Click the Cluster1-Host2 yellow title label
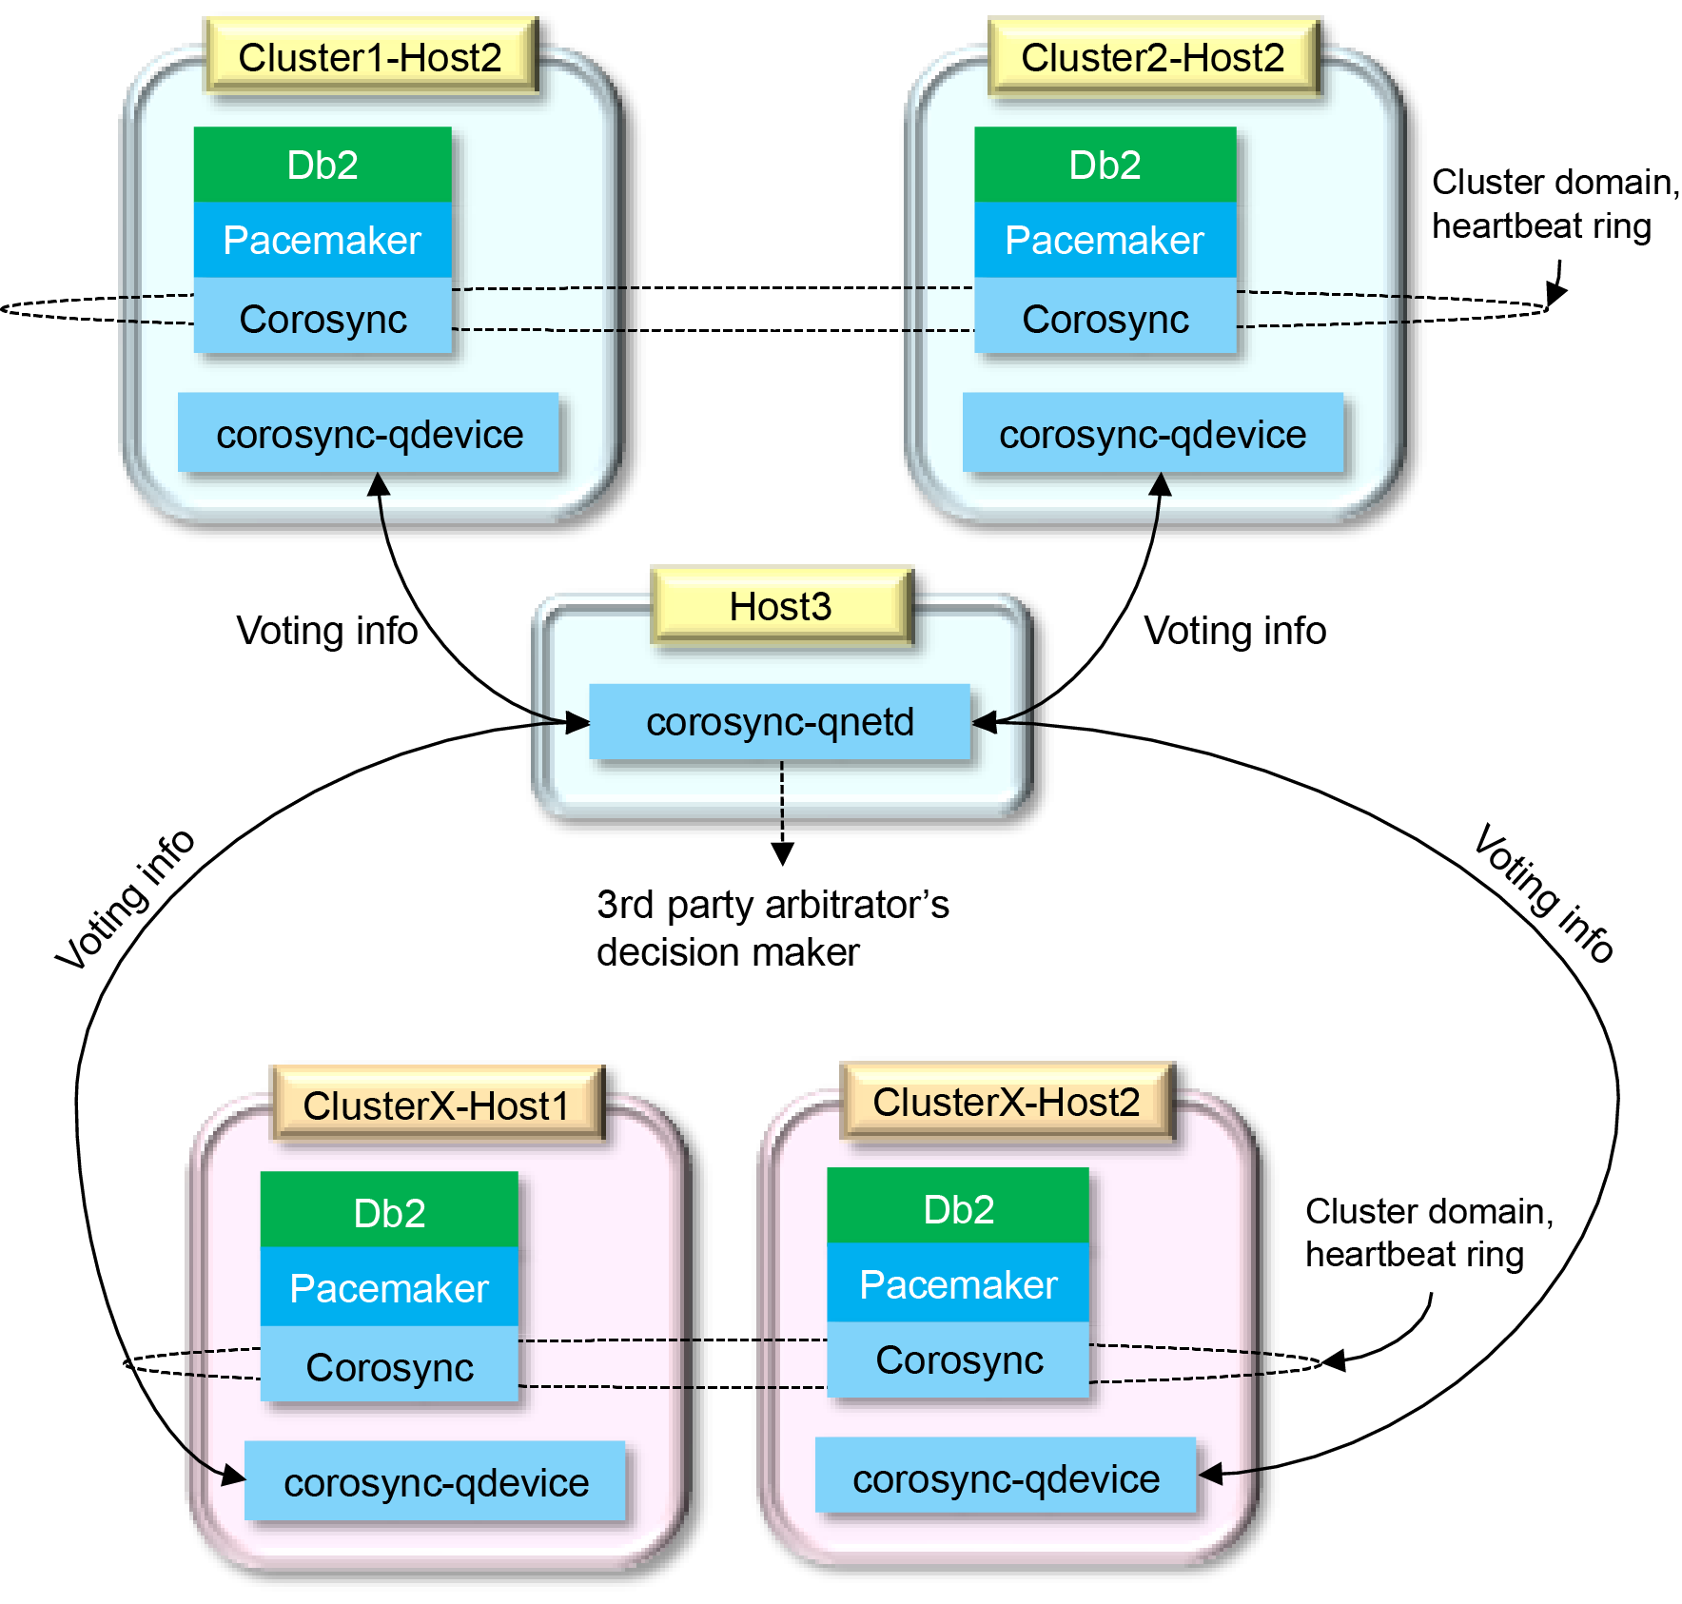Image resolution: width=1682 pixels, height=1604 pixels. (x=370, y=57)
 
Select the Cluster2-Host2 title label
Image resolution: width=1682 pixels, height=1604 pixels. (x=1152, y=57)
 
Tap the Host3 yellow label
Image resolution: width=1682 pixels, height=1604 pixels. (x=780, y=606)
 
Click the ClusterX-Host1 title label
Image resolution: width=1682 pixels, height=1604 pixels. (x=437, y=1105)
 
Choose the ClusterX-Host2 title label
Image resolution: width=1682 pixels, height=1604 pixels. (x=1007, y=1102)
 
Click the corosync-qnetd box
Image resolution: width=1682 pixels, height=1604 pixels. (x=780, y=721)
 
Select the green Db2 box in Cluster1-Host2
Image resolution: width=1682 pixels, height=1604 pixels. (x=323, y=165)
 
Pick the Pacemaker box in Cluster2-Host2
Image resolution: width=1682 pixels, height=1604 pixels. (x=1105, y=240)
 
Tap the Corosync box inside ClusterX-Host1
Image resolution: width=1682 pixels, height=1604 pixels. (x=389, y=1366)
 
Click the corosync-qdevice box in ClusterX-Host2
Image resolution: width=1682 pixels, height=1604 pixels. (x=1006, y=1478)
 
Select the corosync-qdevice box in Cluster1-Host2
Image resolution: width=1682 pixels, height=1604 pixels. (x=369, y=434)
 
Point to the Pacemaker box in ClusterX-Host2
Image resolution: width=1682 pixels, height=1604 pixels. (x=958, y=1284)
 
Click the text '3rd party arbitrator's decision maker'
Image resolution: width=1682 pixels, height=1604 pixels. (x=773, y=928)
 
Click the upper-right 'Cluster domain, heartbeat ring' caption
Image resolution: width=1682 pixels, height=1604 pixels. (x=1555, y=204)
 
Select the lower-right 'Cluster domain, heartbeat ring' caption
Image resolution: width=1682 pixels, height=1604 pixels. (x=1428, y=1232)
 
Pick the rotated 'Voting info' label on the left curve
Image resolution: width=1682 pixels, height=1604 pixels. (x=125, y=898)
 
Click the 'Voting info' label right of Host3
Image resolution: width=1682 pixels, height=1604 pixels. (x=1235, y=630)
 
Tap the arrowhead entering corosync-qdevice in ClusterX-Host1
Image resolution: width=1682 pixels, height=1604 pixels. (x=233, y=1476)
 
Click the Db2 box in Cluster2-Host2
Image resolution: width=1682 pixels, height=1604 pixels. (x=1105, y=165)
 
